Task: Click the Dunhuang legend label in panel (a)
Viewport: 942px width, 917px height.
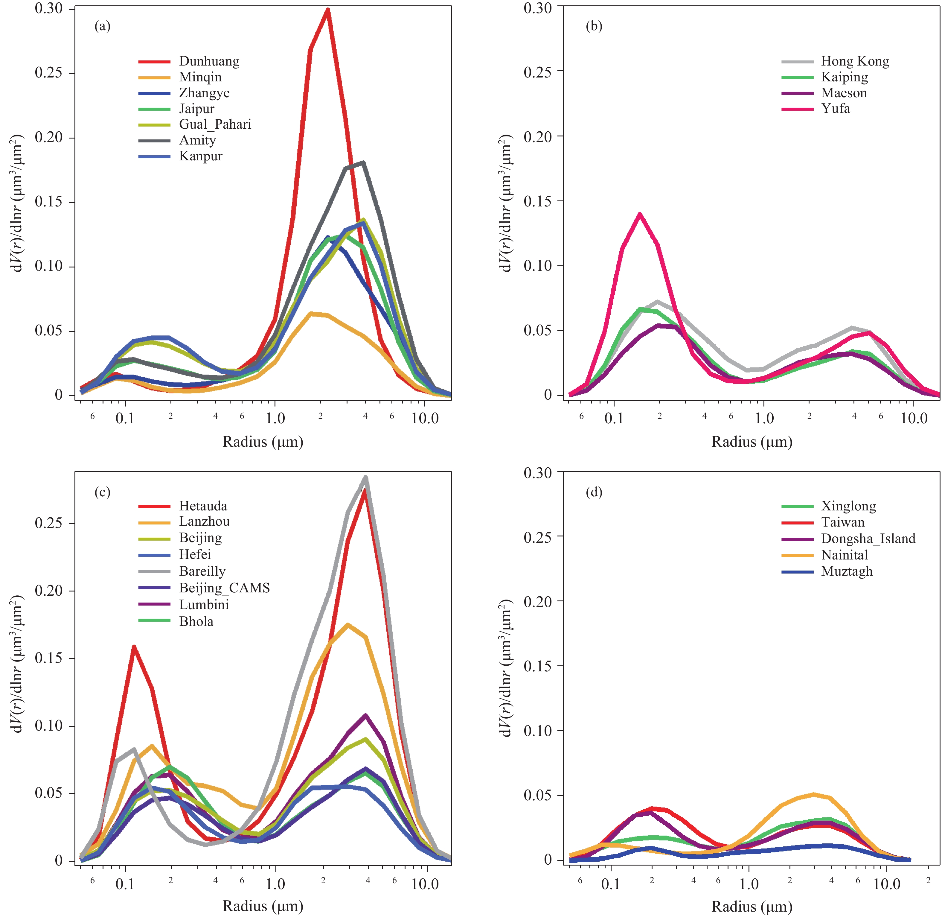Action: (x=209, y=61)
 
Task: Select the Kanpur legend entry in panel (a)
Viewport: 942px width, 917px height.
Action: (x=201, y=156)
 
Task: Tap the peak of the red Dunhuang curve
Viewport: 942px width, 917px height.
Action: (x=327, y=10)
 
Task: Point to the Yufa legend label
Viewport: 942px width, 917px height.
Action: (x=835, y=108)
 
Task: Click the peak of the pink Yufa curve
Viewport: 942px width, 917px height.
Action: (x=640, y=214)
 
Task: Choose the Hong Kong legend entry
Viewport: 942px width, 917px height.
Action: (x=855, y=61)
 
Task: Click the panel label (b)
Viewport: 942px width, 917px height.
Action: (x=594, y=26)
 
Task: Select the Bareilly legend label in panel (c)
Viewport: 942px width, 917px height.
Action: (x=202, y=571)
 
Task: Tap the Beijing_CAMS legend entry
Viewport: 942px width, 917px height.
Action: (x=224, y=588)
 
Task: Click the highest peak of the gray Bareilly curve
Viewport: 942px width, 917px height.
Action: (x=366, y=477)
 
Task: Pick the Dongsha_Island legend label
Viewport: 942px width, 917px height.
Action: (x=868, y=539)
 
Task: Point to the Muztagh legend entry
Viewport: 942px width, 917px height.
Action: (x=847, y=571)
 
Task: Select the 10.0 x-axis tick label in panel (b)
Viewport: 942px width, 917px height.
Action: (x=914, y=418)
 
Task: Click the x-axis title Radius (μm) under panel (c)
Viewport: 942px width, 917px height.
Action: (x=263, y=906)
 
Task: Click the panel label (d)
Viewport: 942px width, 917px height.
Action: (x=594, y=492)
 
